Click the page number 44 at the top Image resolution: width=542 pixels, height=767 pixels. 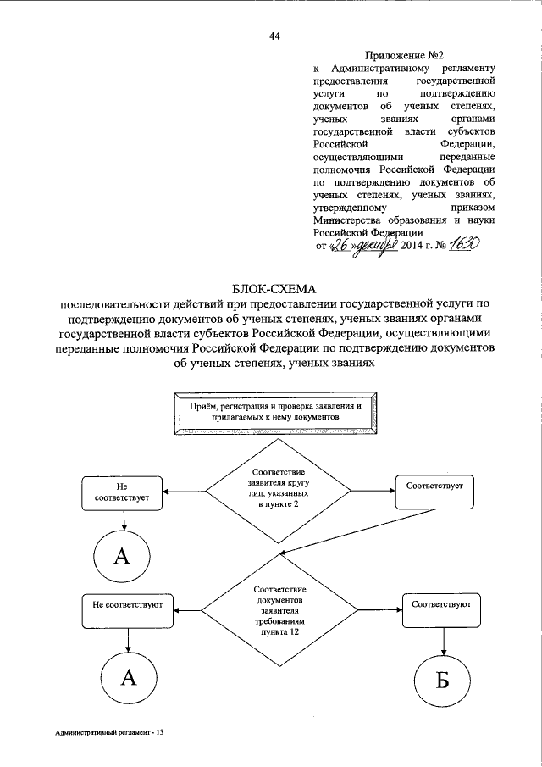[x=274, y=35]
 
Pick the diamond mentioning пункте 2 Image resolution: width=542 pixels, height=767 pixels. [x=274, y=491]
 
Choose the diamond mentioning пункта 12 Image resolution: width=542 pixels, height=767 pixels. [x=274, y=609]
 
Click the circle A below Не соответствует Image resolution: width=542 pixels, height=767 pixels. [x=124, y=556]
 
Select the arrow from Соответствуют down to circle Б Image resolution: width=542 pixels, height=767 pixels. [x=441, y=636]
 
